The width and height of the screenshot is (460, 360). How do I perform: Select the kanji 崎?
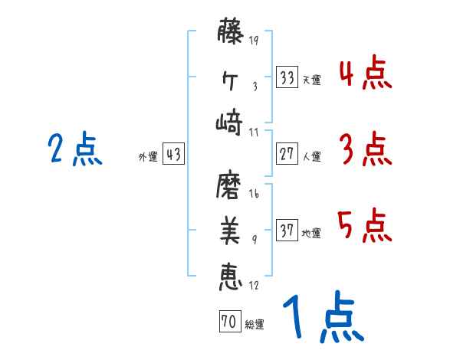231,122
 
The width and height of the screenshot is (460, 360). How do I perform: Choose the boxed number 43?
173,154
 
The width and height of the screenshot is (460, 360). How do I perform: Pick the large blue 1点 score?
322,320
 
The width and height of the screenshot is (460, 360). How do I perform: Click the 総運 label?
255,325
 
